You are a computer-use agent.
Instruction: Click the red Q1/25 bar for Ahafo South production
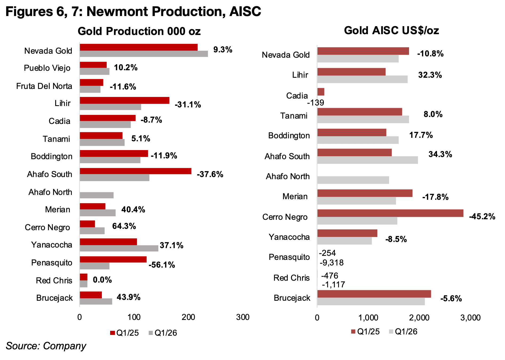point(135,171)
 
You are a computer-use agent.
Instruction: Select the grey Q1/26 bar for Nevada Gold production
point(144,54)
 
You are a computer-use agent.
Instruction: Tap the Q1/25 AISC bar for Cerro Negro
point(390,213)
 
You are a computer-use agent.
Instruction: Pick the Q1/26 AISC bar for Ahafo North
point(353,180)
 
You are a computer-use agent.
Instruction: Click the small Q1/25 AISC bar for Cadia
point(321,92)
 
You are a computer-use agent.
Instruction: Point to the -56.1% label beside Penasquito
point(162,265)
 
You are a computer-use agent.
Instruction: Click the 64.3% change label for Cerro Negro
point(124,226)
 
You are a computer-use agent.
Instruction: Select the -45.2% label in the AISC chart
point(482,216)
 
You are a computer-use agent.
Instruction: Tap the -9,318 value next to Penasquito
point(332,263)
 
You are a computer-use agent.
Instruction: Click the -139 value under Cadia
point(316,103)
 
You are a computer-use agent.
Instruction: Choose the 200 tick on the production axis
point(189,317)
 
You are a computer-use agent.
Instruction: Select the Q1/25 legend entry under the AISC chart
point(366,332)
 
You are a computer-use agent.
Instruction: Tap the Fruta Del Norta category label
point(44,86)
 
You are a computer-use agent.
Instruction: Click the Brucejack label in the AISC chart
point(292,298)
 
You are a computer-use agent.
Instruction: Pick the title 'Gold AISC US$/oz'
point(391,30)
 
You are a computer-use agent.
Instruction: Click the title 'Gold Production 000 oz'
point(139,31)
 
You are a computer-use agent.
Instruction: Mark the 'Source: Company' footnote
point(46,346)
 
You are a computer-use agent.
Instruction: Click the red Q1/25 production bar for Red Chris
point(83,277)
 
